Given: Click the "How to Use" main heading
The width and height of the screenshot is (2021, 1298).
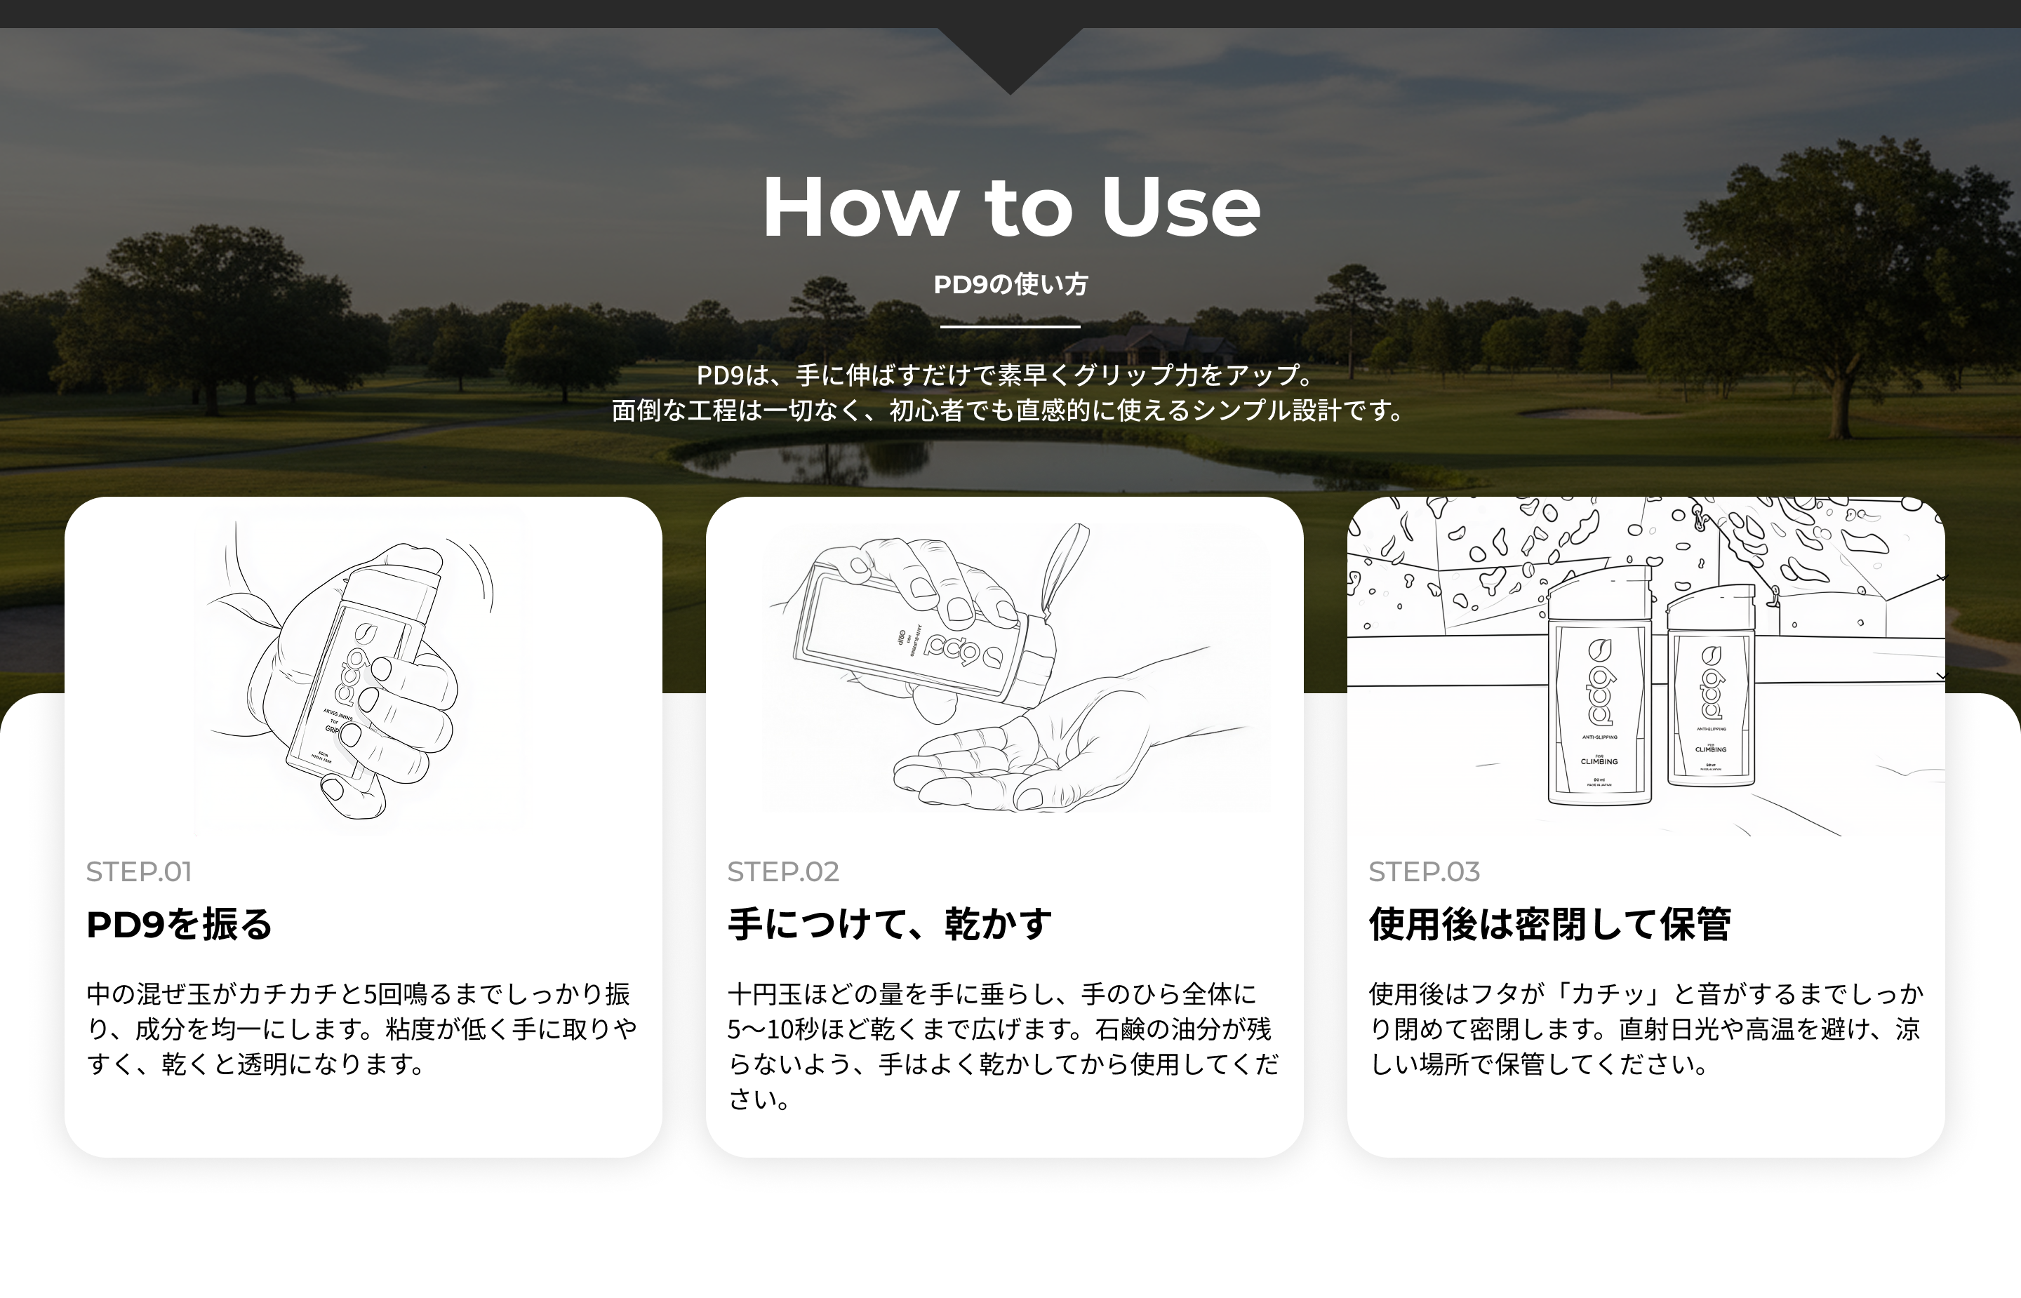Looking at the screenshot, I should tap(1010, 208).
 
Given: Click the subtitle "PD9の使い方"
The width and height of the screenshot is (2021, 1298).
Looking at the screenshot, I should tap(1010, 285).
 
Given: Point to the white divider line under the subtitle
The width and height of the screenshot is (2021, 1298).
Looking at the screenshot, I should tap(1010, 326).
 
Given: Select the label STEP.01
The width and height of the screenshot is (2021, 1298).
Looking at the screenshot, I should tap(139, 871).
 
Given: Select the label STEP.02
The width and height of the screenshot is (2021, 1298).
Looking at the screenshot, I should tap(783, 871).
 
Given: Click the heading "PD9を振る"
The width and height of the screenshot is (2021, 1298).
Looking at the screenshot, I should tap(180, 924).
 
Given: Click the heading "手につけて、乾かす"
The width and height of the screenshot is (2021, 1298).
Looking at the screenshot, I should tap(890, 924).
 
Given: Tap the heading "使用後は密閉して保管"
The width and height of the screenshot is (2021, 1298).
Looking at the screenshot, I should tap(1549, 924).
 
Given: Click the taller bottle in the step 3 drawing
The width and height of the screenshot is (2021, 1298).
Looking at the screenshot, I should tap(1599, 691).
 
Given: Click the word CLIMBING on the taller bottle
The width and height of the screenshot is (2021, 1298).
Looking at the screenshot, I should tap(1599, 762).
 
